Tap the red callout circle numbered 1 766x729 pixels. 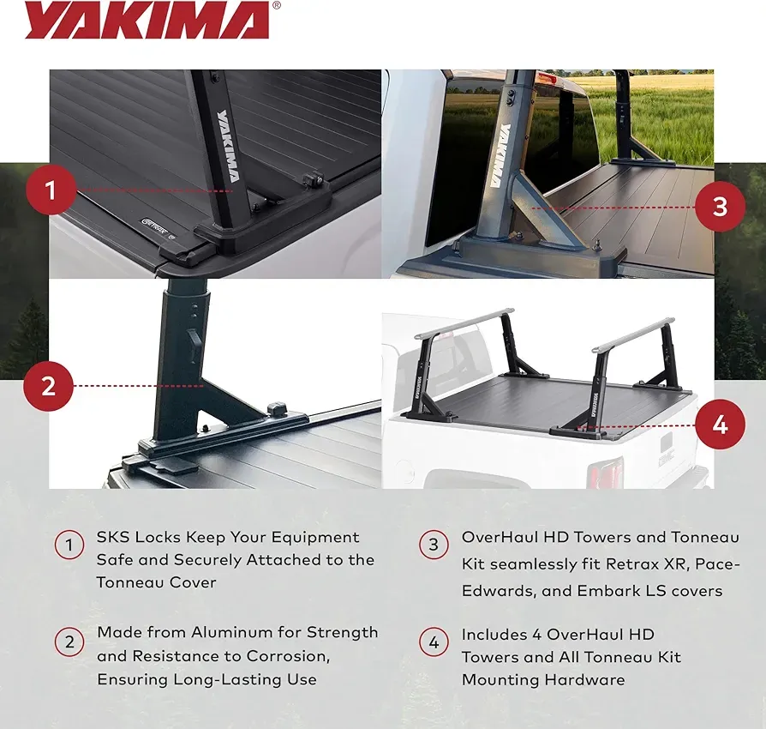51,190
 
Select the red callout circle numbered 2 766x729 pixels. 48,386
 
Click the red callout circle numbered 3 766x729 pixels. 720,206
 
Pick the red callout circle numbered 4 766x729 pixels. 720,425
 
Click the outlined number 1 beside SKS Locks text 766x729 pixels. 69,545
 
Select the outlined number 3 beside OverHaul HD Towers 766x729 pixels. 434,545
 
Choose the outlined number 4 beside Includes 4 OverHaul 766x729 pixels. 434,642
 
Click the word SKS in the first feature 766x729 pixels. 113,538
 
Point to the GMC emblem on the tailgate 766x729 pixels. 667,458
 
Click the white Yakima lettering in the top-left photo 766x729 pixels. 228,146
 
